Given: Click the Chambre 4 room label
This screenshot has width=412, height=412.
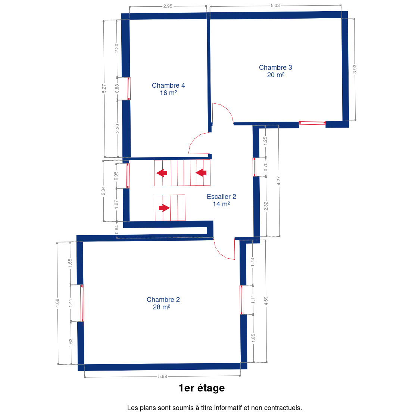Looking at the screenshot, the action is [x=168, y=89].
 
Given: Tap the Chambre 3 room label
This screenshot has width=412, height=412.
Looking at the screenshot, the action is [x=275, y=71].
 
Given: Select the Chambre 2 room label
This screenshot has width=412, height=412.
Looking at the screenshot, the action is [x=163, y=303].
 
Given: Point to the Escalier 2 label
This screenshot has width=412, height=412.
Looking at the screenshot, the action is [x=221, y=200].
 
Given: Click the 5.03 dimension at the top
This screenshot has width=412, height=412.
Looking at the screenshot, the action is [x=275, y=6].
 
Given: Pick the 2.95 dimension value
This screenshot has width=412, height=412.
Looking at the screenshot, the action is [x=168, y=6].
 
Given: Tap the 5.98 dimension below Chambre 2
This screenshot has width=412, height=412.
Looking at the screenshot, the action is [x=162, y=377].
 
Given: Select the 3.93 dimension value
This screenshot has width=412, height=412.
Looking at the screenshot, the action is [x=355, y=69].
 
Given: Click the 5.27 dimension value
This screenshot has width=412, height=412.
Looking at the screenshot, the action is [x=104, y=88].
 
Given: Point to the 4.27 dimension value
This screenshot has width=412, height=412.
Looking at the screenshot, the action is [x=279, y=181].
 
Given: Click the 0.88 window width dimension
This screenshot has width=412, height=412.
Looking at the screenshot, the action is [x=117, y=88].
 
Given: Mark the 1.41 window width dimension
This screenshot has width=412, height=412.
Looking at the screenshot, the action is [x=71, y=303].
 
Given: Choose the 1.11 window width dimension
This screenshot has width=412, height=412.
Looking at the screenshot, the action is [x=253, y=300].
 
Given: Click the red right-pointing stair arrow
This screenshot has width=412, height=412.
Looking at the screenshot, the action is [x=164, y=208].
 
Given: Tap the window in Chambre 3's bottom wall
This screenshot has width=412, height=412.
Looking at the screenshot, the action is [x=312, y=123].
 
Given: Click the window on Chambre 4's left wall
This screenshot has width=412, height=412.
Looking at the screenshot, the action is [x=129, y=88].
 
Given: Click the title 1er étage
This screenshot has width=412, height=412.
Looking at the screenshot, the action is [x=202, y=388].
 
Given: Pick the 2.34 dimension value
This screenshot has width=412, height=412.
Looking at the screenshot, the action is [x=103, y=191].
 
